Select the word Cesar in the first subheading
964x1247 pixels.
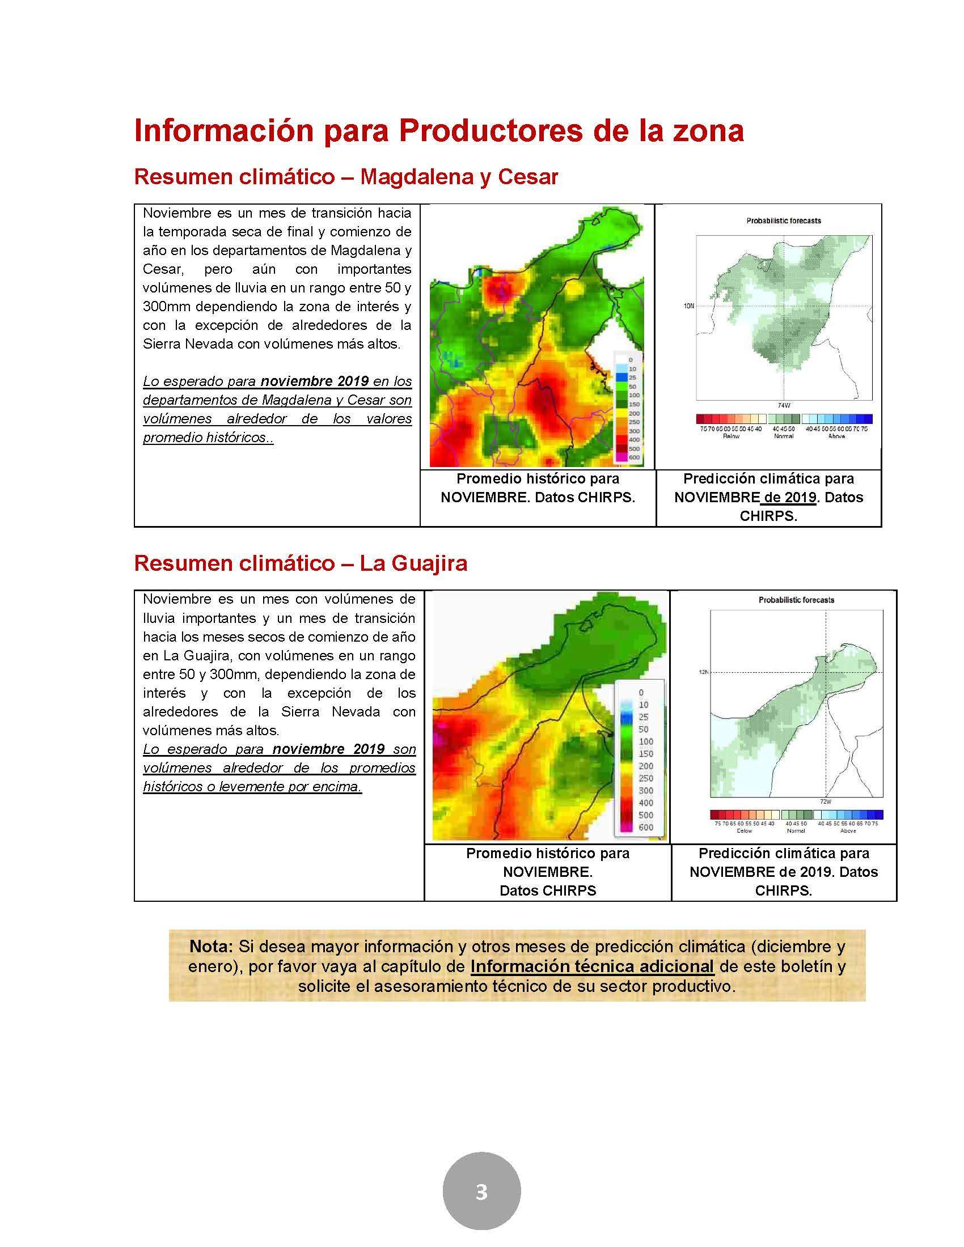(528, 177)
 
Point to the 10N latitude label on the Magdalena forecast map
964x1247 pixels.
(689, 306)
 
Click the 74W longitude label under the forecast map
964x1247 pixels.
(784, 405)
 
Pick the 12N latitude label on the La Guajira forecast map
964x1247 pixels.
(703, 672)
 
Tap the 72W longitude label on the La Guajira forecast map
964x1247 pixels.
(825, 801)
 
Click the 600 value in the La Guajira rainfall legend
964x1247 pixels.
(646, 828)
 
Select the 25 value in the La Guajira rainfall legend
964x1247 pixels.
(644, 717)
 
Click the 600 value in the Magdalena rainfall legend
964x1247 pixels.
(634, 457)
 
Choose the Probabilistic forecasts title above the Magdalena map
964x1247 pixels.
(784, 220)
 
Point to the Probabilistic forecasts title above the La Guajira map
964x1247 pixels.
(796, 600)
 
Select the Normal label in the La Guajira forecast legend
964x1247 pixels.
(796, 831)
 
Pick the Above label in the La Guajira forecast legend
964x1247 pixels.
(848, 831)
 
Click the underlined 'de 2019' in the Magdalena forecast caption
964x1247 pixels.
(790, 497)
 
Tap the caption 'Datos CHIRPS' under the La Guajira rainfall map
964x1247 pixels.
(548, 890)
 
